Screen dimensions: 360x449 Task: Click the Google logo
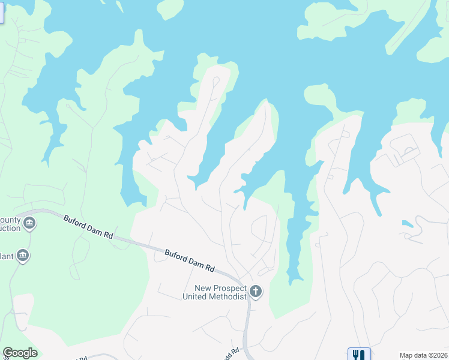tap(20, 353)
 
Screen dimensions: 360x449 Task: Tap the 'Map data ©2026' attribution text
tap(423, 355)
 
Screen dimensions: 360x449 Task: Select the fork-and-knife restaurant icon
tap(358, 355)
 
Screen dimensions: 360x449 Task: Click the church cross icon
tap(256, 292)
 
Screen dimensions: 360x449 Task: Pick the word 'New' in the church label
tap(203, 288)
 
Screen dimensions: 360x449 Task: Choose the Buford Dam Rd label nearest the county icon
tap(88, 228)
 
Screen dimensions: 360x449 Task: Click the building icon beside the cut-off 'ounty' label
tap(29, 224)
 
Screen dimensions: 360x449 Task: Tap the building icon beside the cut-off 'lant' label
tap(23, 256)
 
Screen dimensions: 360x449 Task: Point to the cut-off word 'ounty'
tap(10, 220)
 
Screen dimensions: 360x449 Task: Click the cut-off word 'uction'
tap(10, 228)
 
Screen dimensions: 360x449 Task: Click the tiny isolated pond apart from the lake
tap(408, 224)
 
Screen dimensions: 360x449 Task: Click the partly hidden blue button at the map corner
tap(2, 12)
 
